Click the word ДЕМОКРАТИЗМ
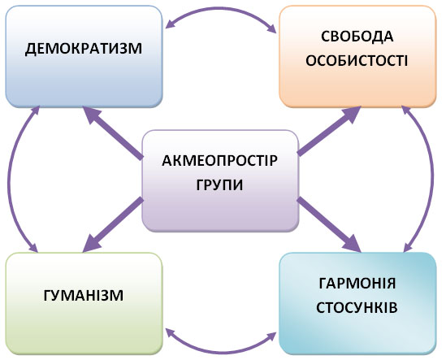(x=84, y=49)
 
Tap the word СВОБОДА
(x=357, y=36)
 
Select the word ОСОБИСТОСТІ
(x=357, y=60)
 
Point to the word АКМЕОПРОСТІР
(x=219, y=161)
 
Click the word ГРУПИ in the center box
(x=219, y=184)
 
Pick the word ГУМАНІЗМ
(x=84, y=296)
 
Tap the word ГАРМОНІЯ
(x=357, y=284)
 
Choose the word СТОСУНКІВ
(x=357, y=308)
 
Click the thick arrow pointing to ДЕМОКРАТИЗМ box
(x=112, y=132)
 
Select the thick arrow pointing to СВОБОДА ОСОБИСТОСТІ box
(x=329, y=131)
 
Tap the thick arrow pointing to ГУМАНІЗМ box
(x=113, y=224)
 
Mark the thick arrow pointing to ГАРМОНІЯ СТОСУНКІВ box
(x=329, y=224)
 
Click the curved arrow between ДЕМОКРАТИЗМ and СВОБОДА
(x=221, y=10)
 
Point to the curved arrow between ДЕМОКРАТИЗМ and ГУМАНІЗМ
(x=10, y=180)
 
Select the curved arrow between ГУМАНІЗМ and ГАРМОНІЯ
(x=221, y=350)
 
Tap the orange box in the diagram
(x=357, y=56)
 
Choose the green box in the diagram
(x=84, y=304)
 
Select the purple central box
(x=220, y=180)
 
